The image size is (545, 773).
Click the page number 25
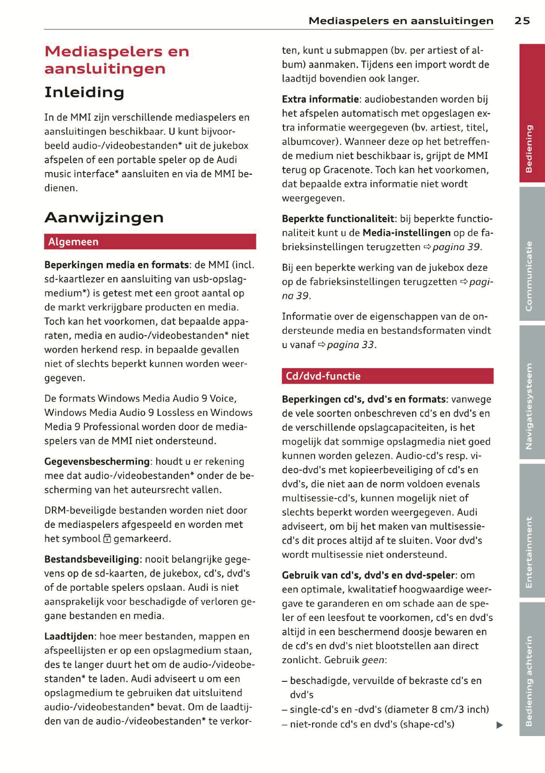522,21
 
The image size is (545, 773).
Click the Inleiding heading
84,92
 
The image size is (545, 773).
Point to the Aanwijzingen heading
104,217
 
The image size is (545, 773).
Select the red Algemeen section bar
150,242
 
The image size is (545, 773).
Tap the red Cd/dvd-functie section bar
387,376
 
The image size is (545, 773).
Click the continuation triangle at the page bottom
500,725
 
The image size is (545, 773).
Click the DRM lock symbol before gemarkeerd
107,539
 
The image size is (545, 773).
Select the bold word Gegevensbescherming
97,462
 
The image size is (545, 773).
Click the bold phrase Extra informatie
320,99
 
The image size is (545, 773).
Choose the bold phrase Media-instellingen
407,233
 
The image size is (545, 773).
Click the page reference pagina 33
351,345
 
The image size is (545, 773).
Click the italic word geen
373,660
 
